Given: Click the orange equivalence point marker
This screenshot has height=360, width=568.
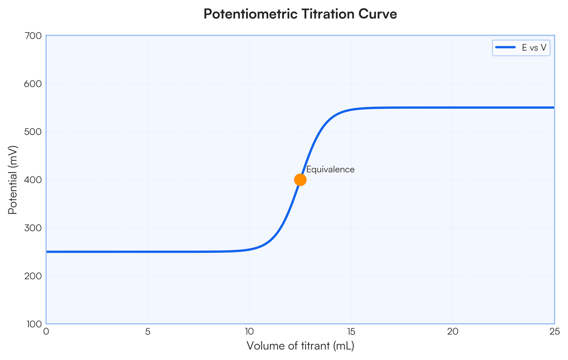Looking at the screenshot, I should [300, 180].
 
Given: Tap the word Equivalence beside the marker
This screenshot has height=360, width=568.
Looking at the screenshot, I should [330, 169].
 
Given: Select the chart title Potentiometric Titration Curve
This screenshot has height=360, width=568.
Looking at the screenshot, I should [300, 14].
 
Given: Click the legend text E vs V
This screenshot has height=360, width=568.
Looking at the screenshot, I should [532, 48].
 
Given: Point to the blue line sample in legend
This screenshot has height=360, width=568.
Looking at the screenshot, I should [505, 48].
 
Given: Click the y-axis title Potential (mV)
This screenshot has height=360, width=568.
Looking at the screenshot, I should [13, 180].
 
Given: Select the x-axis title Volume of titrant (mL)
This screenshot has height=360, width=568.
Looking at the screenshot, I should [300, 346].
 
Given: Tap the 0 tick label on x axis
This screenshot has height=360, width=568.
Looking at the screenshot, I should [46, 331].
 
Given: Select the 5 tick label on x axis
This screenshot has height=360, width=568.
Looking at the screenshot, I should [148, 331].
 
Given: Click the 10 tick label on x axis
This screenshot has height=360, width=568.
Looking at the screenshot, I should [249, 331].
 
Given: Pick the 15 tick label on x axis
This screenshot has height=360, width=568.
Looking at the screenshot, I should [351, 331].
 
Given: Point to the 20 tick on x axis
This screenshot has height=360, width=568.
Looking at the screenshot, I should [453, 331].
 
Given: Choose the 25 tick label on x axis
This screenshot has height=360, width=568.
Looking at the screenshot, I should [554, 331].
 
